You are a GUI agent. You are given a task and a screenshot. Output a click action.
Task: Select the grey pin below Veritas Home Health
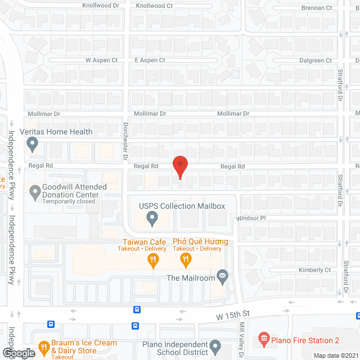point(32,145)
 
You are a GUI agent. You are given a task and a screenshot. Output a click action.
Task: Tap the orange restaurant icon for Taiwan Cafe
point(152,259)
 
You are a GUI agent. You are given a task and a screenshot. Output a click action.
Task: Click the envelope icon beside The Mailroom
point(222,275)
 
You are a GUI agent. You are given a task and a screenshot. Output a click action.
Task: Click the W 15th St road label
point(232,318)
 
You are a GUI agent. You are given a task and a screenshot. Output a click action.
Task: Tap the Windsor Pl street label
point(250,218)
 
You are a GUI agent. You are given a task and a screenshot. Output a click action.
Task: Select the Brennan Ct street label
point(317,8)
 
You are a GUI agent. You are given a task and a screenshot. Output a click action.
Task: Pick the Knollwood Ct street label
point(154,6)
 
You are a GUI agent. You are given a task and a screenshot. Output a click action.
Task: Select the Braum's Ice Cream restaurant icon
point(43,347)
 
